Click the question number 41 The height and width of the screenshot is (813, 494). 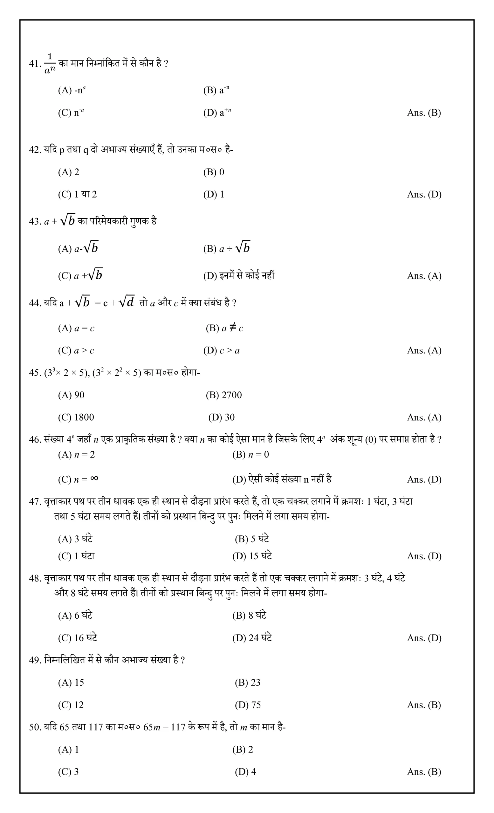(x=35, y=63)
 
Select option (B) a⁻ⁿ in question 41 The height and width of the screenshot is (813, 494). (x=216, y=90)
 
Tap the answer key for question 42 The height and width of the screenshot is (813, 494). (x=424, y=194)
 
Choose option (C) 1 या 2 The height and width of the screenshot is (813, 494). (x=77, y=194)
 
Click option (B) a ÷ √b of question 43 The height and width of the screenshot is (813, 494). (x=227, y=248)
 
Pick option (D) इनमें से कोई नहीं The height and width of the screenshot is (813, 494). (x=239, y=276)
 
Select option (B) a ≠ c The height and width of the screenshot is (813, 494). (x=224, y=328)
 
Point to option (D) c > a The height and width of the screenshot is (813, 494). (x=221, y=350)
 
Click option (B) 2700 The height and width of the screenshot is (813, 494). (x=223, y=395)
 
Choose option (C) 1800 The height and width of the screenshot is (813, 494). (x=76, y=417)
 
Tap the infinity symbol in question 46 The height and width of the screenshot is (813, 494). (x=94, y=478)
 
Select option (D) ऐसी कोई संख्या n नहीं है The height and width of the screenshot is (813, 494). (x=282, y=479)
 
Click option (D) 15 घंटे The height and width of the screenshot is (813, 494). (x=252, y=556)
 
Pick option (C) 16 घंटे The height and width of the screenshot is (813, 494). (x=77, y=638)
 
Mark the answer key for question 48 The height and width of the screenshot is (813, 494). (x=424, y=638)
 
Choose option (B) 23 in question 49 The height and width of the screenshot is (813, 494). (x=247, y=683)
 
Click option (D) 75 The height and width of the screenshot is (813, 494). (x=248, y=705)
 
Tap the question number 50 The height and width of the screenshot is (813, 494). (x=35, y=727)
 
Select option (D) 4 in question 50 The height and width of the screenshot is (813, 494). (x=245, y=772)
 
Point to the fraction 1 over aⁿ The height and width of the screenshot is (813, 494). (x=50, y=63)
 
